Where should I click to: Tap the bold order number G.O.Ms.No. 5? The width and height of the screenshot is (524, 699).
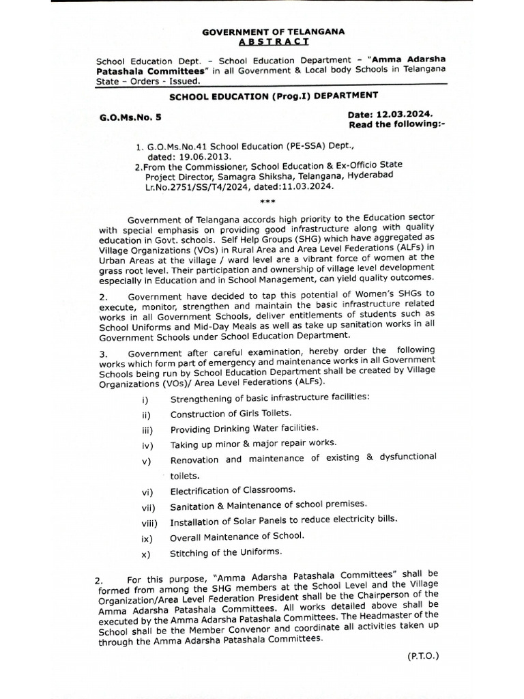point(130,117)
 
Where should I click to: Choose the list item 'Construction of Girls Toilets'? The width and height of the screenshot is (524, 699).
point(231,414)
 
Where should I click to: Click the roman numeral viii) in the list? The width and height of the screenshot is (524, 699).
point(149,524)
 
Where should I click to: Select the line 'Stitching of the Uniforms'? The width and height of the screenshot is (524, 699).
point(226,552)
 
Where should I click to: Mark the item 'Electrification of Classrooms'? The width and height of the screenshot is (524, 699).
point(233,490)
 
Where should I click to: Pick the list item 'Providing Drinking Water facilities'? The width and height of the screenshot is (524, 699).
point(244,427)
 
